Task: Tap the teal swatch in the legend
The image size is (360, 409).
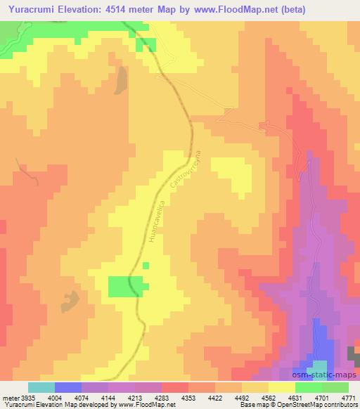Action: click(41, 387)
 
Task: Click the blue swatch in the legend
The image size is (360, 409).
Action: click(68, 387)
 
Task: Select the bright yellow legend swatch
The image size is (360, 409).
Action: click(282, 387)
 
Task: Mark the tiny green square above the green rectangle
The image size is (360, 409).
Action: click(146, 265)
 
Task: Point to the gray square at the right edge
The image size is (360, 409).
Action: click(353, 354)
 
